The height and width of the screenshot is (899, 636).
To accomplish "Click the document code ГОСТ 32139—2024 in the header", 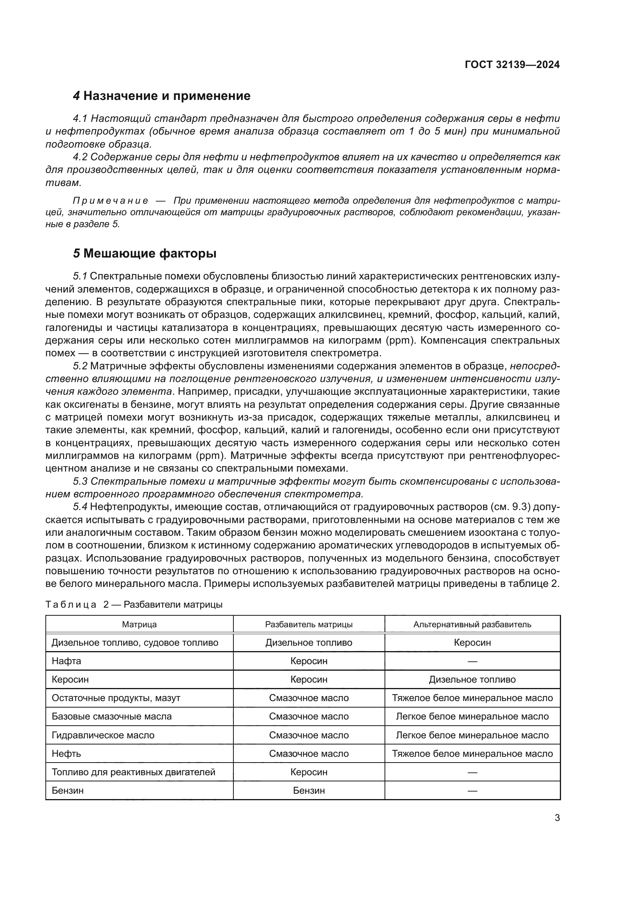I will [512, 65].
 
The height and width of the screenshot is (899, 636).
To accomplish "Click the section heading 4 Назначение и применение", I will [162, 96].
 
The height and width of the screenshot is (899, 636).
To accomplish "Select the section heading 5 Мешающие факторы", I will [145, 254].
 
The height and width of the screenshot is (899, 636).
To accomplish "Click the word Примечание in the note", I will [110, 201].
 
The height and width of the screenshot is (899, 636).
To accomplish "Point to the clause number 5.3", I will [80, 481].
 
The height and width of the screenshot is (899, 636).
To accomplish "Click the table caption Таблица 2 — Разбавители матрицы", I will [134, 604].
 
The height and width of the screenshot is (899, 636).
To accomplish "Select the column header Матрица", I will [139, 624].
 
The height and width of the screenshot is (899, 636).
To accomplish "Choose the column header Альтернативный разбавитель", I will [472, 624].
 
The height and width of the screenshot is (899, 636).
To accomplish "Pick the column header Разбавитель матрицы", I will [309, 624].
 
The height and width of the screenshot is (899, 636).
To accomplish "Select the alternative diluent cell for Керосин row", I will [472, 679].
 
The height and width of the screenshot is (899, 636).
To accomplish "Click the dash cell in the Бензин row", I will [472, 791].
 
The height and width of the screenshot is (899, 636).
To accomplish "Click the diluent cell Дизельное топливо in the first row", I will [309, 643].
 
